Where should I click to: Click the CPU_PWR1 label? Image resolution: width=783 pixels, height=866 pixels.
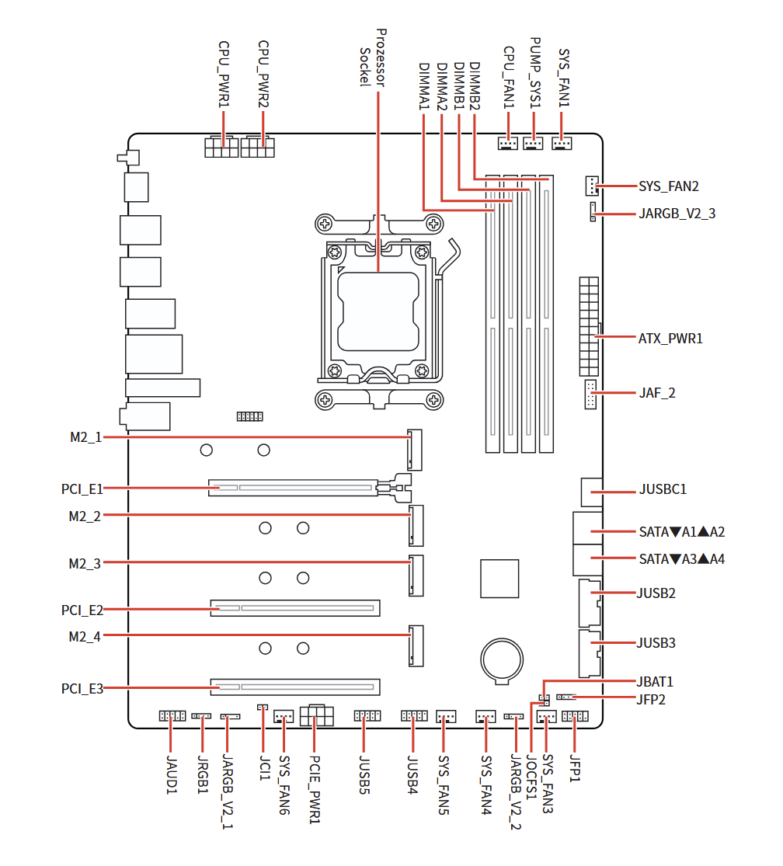point(224,75)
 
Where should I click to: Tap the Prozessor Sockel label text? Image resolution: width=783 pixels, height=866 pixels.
point(372,58)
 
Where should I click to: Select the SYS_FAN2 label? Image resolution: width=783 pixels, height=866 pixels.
point(669,186)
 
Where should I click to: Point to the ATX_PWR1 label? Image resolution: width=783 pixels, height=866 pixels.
point(670,339)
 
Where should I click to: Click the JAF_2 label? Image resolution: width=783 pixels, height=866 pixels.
point(656,393)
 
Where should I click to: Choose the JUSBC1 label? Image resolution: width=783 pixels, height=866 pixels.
point(663,490)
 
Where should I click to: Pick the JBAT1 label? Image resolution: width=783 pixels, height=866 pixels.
point(655,682)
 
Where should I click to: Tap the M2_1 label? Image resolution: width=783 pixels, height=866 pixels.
point(85,437)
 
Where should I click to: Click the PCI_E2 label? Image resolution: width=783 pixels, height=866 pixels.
point(82,610)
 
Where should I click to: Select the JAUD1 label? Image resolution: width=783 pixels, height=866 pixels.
point(172,774)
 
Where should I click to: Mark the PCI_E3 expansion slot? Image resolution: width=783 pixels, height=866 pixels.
point(294,687)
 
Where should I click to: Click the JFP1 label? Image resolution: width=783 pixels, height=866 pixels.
point(576,768)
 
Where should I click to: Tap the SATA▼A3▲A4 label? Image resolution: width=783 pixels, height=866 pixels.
point(681,559)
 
